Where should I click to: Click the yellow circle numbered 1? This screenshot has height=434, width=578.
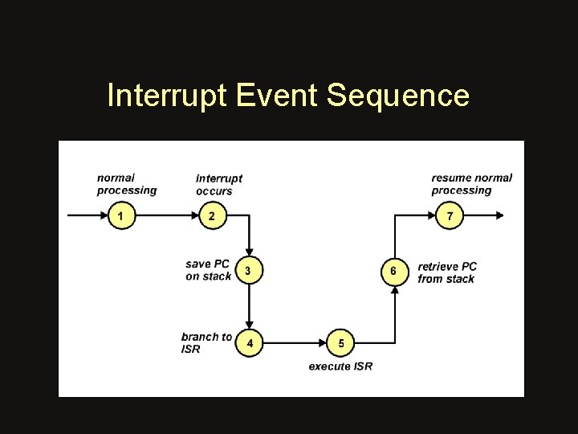click(121, 215)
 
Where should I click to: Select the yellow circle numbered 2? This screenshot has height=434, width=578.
click(212, 215)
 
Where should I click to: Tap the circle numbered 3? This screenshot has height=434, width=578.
click(248, 270)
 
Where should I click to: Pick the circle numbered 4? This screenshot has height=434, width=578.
click(250, 343)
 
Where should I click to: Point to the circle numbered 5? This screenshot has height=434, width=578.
click(341, 343)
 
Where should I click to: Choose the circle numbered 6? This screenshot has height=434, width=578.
click(393, 271)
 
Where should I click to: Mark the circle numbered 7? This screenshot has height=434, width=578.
click(450, 215)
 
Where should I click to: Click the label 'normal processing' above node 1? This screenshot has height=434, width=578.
click(126, 184)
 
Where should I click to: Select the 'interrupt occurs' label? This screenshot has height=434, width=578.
click(218, 184)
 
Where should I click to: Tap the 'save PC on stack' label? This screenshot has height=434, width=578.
click(208, 270)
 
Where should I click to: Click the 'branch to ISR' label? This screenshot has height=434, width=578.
click(206, 342)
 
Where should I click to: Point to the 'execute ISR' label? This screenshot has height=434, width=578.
click(340, 366)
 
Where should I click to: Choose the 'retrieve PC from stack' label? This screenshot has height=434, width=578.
click(447, 272)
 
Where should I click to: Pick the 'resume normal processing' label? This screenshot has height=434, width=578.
click(471, 184)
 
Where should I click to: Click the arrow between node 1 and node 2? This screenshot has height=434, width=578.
click(166, 215)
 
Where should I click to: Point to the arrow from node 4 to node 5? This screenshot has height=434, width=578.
click(295, 343)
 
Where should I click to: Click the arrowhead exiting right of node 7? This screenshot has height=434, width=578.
click(499, 215)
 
